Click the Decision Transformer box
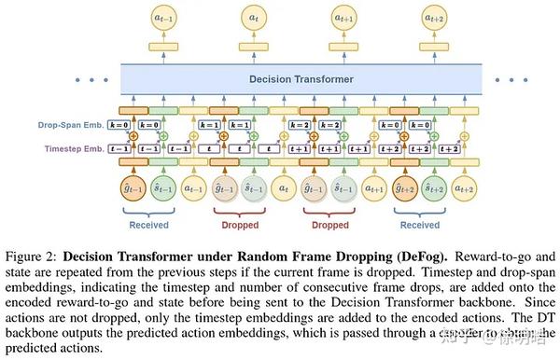[x=301, y=79]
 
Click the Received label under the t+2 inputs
[x=420, y=224]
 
